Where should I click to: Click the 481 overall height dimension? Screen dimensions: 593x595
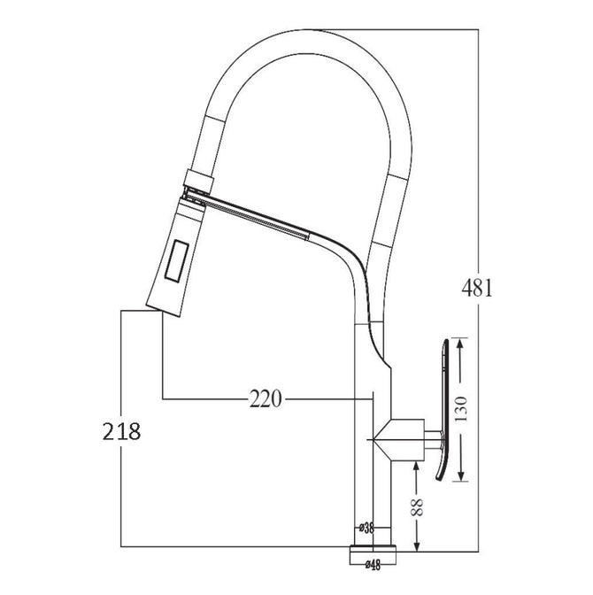tap(477, 288)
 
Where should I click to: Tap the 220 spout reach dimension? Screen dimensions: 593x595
tap(266, 398)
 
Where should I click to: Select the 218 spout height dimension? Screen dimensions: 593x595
tap(122, 431)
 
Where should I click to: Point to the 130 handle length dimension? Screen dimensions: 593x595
tap(460, 409)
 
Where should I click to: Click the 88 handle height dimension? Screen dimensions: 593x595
tap(417, 506)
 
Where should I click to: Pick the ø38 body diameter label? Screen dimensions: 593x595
tap(366, 528)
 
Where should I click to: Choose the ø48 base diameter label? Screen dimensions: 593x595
tap(373, 566)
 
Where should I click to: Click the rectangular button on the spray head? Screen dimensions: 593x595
tap(176, 260)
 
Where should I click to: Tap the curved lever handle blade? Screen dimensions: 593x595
tap(443, 410)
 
